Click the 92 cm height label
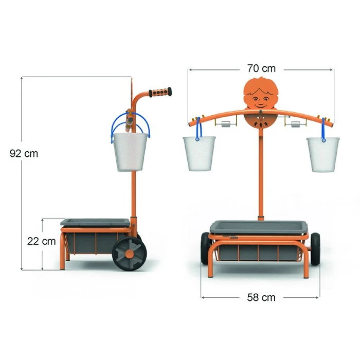[x=24, y=153]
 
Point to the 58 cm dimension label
[x=261, y=297]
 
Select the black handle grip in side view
[x=160, y=93]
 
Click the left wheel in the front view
[x=205, y=248]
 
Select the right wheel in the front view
[x=315, y=248]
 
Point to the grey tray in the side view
[x=95, y=223]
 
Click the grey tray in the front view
[x=260, y=227]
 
